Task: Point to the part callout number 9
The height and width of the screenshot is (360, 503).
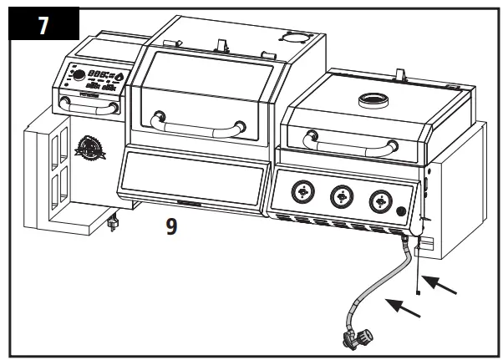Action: [171, 226]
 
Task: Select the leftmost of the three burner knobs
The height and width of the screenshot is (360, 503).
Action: [300, 193]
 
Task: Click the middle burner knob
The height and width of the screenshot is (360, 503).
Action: [341, 197]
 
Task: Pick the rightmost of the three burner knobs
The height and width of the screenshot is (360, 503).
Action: [381, 200]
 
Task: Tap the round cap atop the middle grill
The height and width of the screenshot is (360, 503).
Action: [295, 38]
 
